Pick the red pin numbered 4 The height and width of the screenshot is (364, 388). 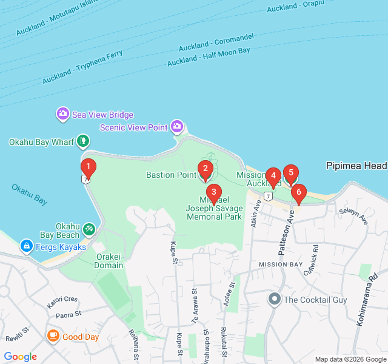point(273,177)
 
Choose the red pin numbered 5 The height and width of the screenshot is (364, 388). point(291,174)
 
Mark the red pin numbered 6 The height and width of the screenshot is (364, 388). point(298,192)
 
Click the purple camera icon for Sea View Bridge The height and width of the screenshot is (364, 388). point(62,114)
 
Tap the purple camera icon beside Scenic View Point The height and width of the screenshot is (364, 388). point(177,126)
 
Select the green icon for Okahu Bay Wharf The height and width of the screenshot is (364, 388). point(83,142)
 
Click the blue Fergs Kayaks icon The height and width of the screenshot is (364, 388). point(26,246)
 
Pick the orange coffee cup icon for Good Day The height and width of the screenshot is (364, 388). point(53,336)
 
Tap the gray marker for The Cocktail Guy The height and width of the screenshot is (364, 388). point(274,299)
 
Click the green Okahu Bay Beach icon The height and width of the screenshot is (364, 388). point(89,229)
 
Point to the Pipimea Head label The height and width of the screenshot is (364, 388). point(356,166)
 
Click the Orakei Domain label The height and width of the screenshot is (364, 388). point(109,261)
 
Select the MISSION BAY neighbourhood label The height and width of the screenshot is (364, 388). point(279,265)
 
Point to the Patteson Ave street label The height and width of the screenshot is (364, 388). point(285,223)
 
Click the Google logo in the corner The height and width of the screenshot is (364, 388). point(21,357)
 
